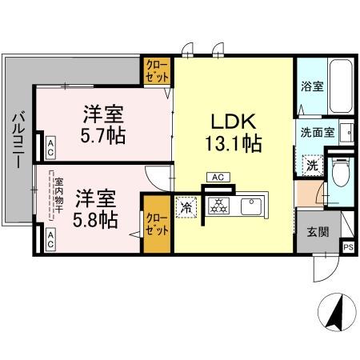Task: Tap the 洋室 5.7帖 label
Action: coord(102,125)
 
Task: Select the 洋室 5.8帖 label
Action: coord(97,206)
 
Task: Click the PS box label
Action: coord(347,247)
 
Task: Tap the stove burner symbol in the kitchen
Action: coord(217,206)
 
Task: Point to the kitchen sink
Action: coord(254,206)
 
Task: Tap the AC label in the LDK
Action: coord(217,176)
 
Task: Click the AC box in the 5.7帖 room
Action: coord(50,146)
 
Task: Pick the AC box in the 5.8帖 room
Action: coord(50,238)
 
